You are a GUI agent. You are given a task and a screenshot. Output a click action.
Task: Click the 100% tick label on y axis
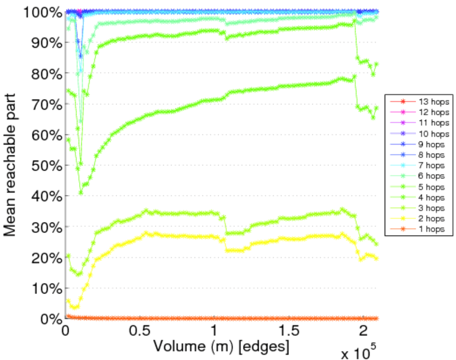point(41,11)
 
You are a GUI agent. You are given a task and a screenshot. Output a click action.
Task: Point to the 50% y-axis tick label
point(44,165)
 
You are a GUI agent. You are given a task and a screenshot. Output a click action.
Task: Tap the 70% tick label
point(44,104)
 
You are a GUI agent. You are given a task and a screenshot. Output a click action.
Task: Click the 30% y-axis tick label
point(44,227)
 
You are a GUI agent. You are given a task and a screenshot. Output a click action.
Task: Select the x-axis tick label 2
point(364,332)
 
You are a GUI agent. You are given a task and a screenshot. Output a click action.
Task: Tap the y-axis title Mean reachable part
point(11,165)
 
